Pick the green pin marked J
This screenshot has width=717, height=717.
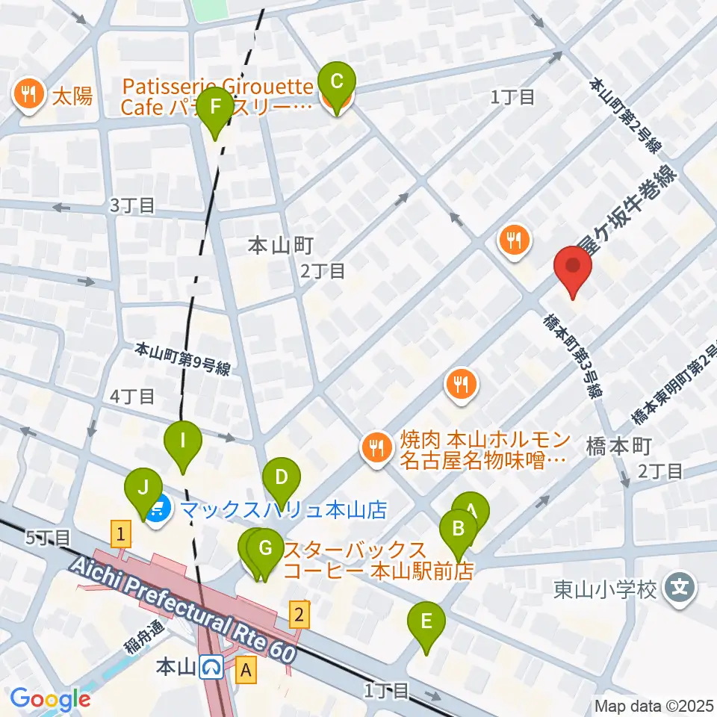(144, 491)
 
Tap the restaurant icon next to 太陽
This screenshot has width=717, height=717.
(28, 95)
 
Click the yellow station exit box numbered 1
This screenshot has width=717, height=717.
(120, 533)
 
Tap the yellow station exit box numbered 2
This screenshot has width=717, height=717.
(299, 614)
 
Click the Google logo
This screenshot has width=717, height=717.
(51, 699)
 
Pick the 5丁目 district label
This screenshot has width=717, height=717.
(49, 536)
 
